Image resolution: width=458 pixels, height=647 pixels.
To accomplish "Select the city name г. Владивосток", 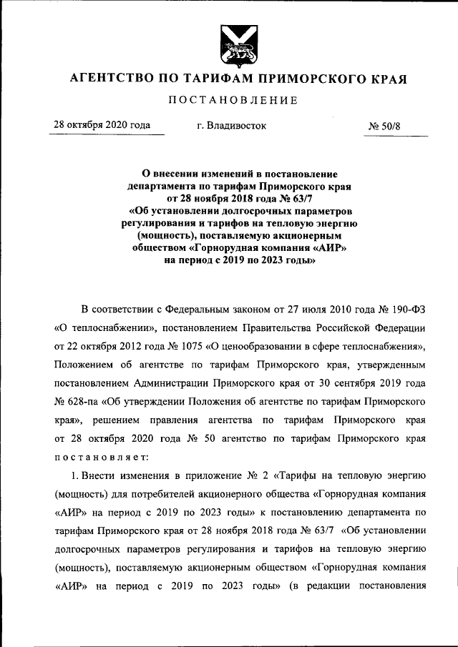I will [231, 126].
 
